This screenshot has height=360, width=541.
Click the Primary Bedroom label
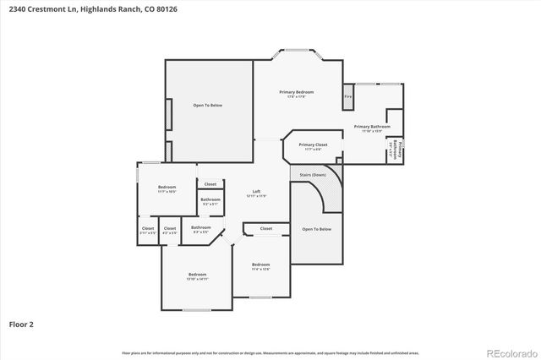(297, 92)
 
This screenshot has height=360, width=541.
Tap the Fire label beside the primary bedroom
(347, 96)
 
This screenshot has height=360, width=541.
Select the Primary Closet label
(313, 145)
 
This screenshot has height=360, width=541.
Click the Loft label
(256, 192)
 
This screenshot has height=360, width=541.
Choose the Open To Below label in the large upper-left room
(207, 105)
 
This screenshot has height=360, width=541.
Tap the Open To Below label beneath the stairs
(316, 229)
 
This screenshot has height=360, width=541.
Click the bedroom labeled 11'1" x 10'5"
(167, 188)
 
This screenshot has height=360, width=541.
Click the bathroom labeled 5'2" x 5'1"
(210, 200)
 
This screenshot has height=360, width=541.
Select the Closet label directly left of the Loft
(210, 183)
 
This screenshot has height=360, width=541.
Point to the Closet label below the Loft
(265, 228)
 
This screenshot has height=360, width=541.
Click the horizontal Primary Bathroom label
(372, 127)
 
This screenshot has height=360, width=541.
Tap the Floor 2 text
(21, 324)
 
